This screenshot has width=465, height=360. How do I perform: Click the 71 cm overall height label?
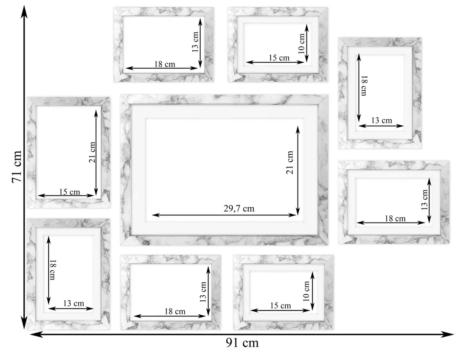[17, 167]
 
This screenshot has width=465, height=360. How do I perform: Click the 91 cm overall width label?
[242, 343]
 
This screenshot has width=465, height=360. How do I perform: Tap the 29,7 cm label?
[239, 208]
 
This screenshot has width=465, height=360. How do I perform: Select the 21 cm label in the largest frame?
[290, 162]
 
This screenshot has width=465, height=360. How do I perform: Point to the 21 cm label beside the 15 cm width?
[93, 152]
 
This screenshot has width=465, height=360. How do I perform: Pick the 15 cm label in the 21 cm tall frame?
[70, 192]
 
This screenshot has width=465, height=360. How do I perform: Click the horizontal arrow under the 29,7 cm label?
[224, 215]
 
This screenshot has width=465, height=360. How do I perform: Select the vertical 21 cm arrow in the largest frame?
[298, 170]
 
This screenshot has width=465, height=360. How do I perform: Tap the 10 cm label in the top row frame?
[301, 43]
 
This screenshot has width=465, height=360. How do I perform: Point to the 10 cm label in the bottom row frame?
[306, 291]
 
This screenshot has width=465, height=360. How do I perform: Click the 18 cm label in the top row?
[164, 64]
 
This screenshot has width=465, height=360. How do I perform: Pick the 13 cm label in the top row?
[195, 42]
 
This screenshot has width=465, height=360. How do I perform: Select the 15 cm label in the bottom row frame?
[281, 306]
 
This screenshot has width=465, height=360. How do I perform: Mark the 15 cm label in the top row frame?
[279, 58]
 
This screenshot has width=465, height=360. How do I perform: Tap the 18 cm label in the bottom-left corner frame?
[52, 269]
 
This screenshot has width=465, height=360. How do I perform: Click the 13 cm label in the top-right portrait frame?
[382, 121]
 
